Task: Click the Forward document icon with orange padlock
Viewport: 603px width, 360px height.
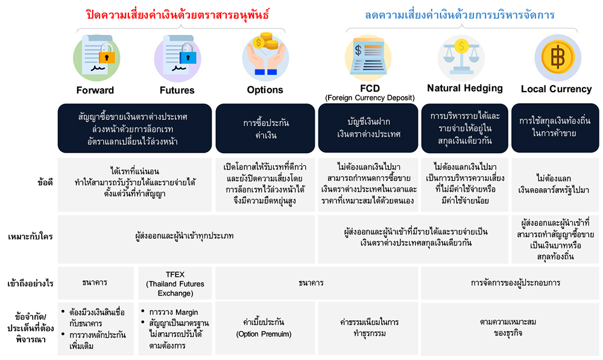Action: [x=96, y=58]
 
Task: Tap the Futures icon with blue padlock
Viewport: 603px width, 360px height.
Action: [x=177, y=58]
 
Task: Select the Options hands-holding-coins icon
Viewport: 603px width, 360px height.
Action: [x=265, y=56]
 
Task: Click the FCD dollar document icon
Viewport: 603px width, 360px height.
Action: [x=368, y=57]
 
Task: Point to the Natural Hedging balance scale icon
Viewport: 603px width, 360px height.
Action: [x=461, y=58]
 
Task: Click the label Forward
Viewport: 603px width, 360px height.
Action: [x=95, y=90]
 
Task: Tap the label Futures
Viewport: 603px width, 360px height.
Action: [x=177, y=90]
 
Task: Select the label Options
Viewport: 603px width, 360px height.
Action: [x=265, y=90]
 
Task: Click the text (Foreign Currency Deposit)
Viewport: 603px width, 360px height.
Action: [x=370, y=98]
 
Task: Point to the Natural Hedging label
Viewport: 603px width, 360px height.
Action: [x=465, y=89]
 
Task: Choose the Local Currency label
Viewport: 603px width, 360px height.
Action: [x=556, y=89]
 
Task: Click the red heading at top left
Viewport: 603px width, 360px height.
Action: [x=177, y=14]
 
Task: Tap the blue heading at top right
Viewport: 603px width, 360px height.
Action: [x=459, y=15]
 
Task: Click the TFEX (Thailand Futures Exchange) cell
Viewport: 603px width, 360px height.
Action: [x=175, y=283]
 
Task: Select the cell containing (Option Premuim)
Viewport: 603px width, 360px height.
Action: [x=264, y=328]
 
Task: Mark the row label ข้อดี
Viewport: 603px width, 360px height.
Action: [x=45, y=183]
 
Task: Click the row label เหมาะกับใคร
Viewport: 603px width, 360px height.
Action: [x=30, y=236]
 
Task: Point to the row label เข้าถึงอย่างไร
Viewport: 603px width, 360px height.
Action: [x=30, y=284]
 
